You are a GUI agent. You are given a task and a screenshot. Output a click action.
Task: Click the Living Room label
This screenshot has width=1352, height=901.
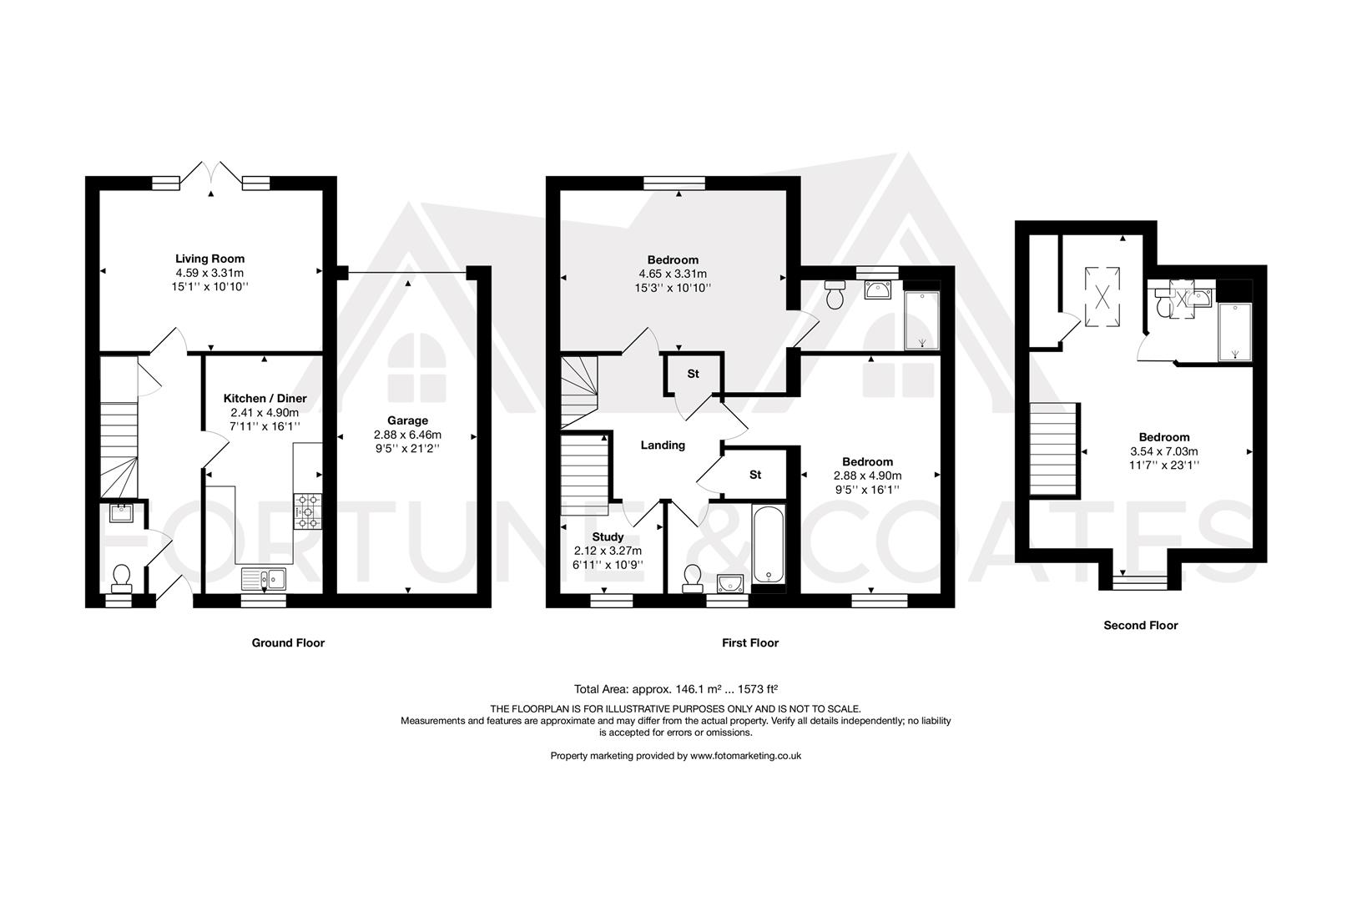click(209, 259)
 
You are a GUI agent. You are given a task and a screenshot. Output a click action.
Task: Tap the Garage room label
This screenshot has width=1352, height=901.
click(407, 420)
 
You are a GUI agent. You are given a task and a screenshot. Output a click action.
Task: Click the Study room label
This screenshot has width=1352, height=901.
click(608, 536)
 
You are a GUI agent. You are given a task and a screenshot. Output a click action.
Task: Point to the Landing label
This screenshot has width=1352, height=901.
click(663, 445)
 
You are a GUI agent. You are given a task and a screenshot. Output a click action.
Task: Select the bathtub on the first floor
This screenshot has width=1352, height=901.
click(769, 544)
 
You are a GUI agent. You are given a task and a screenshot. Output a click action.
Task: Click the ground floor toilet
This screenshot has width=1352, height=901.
click(122, 576)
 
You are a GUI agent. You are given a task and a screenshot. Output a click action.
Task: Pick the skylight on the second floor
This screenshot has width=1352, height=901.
click(1103, 297)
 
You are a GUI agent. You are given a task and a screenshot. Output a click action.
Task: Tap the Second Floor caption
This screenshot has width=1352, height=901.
click(1140, 625)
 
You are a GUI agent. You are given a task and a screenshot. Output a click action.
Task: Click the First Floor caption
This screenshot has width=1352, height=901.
click(749, 642)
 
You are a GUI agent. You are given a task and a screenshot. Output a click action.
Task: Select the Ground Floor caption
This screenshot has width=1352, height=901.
click(288, 642)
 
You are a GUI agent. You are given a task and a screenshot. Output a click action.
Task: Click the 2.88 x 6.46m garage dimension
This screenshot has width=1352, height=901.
click(407, 435)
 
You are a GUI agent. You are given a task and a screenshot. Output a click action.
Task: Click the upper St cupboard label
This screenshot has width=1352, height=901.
click(693, 374)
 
